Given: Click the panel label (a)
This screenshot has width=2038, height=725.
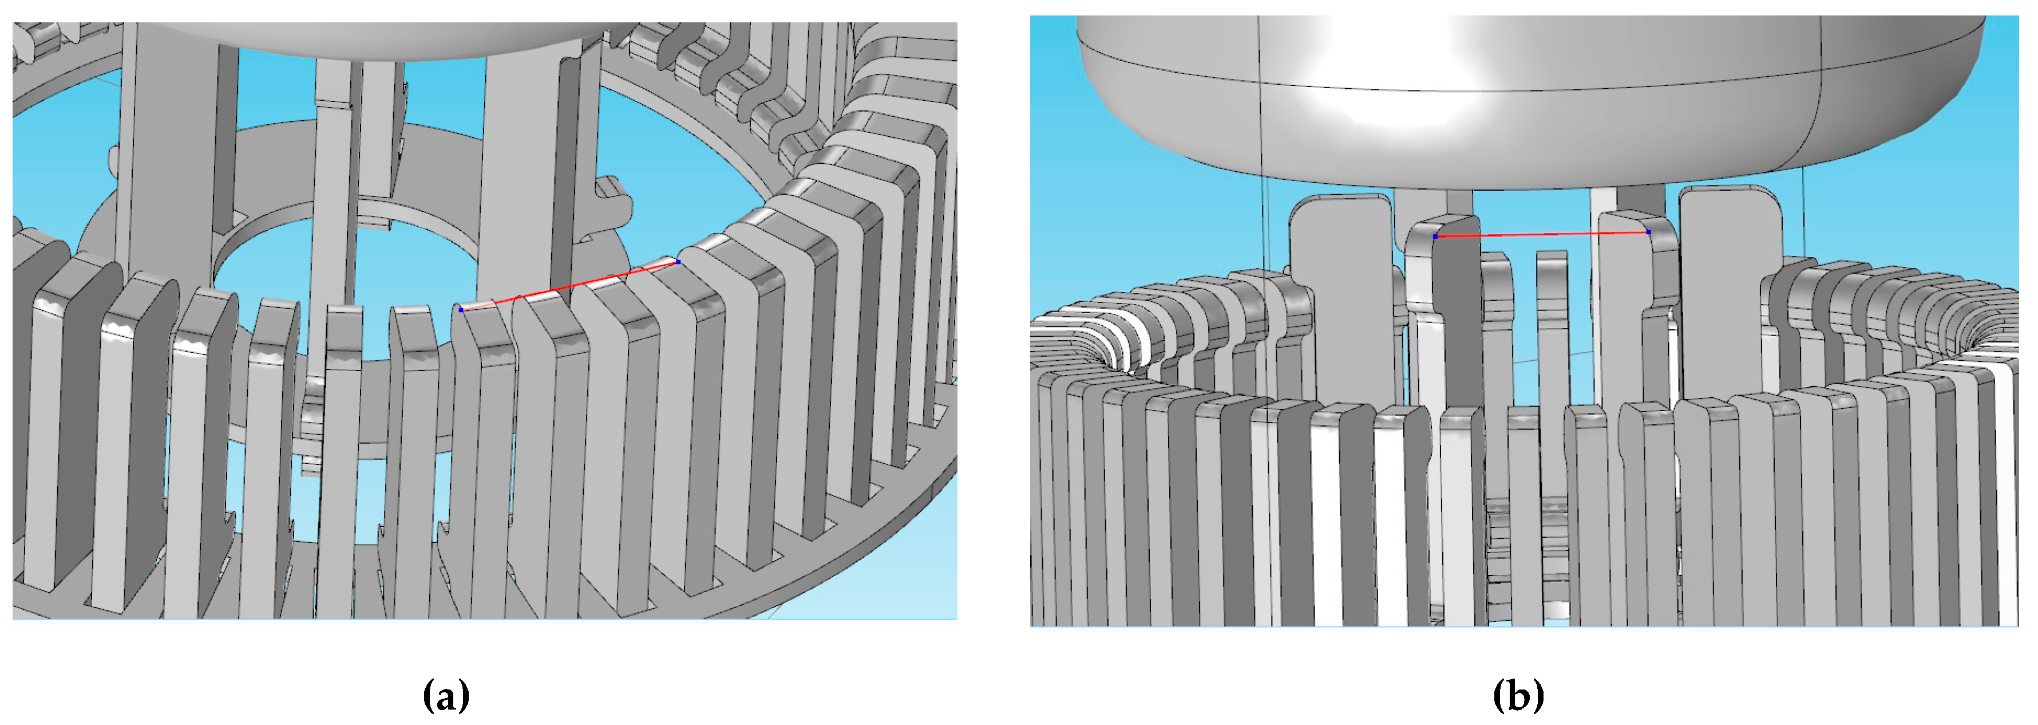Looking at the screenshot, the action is (446, 696).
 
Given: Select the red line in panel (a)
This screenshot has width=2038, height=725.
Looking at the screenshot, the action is (569, 285).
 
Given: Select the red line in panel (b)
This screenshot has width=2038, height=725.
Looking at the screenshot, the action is (1542, 234).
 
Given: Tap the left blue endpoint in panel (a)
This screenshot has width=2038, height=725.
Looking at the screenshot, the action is (461, 309).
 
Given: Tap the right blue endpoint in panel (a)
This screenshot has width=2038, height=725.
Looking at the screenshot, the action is (678, 261).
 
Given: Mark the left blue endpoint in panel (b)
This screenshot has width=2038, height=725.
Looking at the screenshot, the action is (1436, 236).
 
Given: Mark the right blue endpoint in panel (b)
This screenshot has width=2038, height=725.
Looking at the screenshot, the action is (1649, 232).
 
